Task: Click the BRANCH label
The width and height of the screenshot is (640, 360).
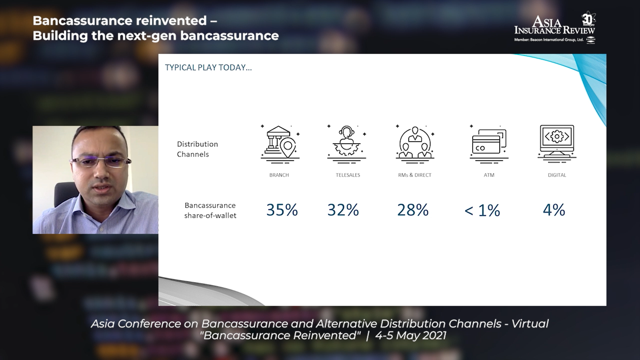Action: pos(279,175)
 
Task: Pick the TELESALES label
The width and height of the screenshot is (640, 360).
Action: pos(348,175)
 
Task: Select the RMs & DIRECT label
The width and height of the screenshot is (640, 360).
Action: pos(415,175)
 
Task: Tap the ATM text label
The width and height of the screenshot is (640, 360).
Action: pos(489,175)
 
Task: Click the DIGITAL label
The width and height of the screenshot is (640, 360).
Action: pos(557,175)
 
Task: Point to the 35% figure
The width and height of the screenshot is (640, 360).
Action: pos(282,210)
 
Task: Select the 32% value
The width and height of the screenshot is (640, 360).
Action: pos(343,210)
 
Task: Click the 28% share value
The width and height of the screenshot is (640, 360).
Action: pos(413,210)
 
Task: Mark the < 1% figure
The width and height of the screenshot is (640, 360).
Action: pos(482,210)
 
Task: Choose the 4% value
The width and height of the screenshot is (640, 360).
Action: pos(554,210)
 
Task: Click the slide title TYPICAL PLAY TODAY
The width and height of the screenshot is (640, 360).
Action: pos(208,68)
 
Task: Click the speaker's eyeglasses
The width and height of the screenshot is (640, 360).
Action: pos(100,162)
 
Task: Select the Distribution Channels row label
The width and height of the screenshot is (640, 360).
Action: pos(197,149)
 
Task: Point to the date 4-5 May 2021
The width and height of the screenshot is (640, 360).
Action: pos(411,335)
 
